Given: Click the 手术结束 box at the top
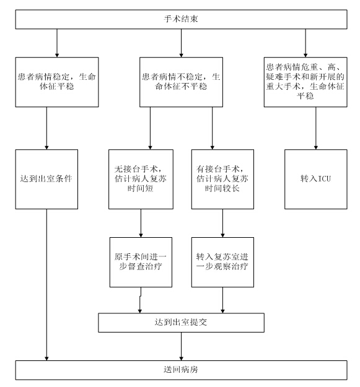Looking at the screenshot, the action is (181, 19).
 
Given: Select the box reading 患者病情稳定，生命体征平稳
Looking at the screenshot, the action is (57, 82).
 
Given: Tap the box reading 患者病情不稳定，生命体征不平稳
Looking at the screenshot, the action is (181, 82).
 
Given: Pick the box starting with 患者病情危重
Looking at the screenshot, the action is (305, 82).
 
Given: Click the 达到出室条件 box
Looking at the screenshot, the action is (46, 179).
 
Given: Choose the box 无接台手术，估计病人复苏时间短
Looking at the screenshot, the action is (141, 179).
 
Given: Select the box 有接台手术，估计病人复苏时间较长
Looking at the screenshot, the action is (222, 179).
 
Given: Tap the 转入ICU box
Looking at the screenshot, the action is (316, 179).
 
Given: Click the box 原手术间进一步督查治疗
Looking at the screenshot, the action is (141, 262).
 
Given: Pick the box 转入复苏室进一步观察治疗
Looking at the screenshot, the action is (222, 262).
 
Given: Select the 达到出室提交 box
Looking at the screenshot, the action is (181, 323).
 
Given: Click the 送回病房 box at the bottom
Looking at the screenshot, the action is (181, 370).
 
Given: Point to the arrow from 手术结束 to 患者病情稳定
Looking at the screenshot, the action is (57, 43).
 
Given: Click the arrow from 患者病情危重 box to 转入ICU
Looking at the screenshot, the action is (316, 128).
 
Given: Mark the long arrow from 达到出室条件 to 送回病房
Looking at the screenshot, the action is (46, 285).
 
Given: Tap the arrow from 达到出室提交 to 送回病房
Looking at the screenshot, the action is (181, 346).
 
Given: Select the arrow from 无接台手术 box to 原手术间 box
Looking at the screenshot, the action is (141, 223).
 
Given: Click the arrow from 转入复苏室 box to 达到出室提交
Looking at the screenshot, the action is (222, 300).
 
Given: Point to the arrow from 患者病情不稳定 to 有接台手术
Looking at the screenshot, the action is (213, 128).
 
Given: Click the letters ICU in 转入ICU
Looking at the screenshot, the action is (325, 178).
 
